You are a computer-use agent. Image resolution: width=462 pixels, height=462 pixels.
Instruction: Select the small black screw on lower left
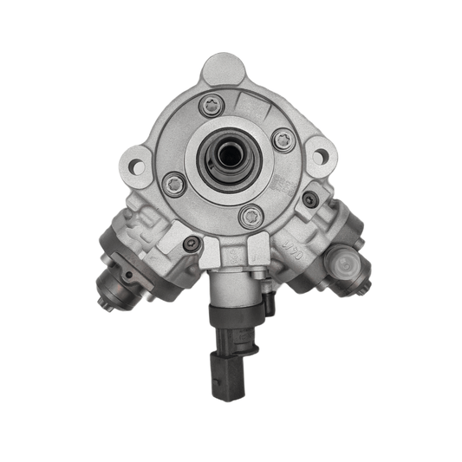191,244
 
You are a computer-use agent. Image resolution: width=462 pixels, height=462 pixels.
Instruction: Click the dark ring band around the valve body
234,315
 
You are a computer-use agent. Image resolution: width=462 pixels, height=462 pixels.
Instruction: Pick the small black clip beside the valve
269,305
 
